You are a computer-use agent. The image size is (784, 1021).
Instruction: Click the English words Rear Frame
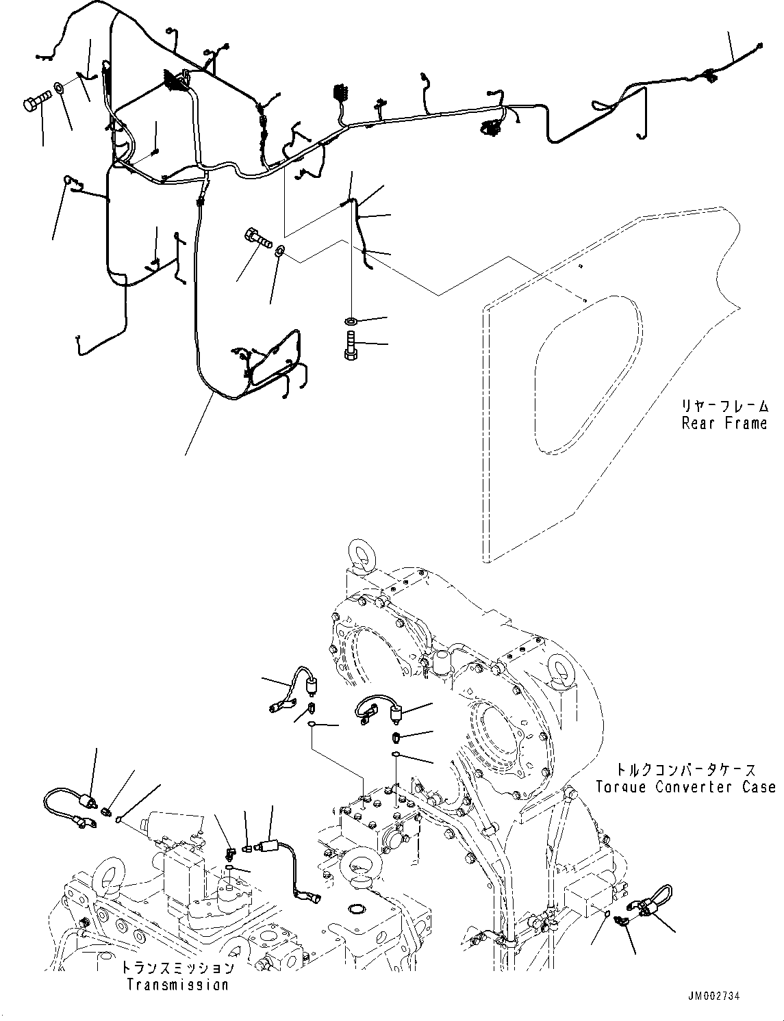(724, 423)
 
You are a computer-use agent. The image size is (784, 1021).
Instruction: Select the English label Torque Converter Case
(685, 787)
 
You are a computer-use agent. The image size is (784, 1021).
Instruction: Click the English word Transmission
(177, 985)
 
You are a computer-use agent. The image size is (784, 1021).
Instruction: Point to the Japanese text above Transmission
(177, 968)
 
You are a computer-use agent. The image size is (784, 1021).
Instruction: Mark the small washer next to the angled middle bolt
(281, 253)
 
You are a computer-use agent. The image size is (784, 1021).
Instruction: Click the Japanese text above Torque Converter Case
(685, 770)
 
